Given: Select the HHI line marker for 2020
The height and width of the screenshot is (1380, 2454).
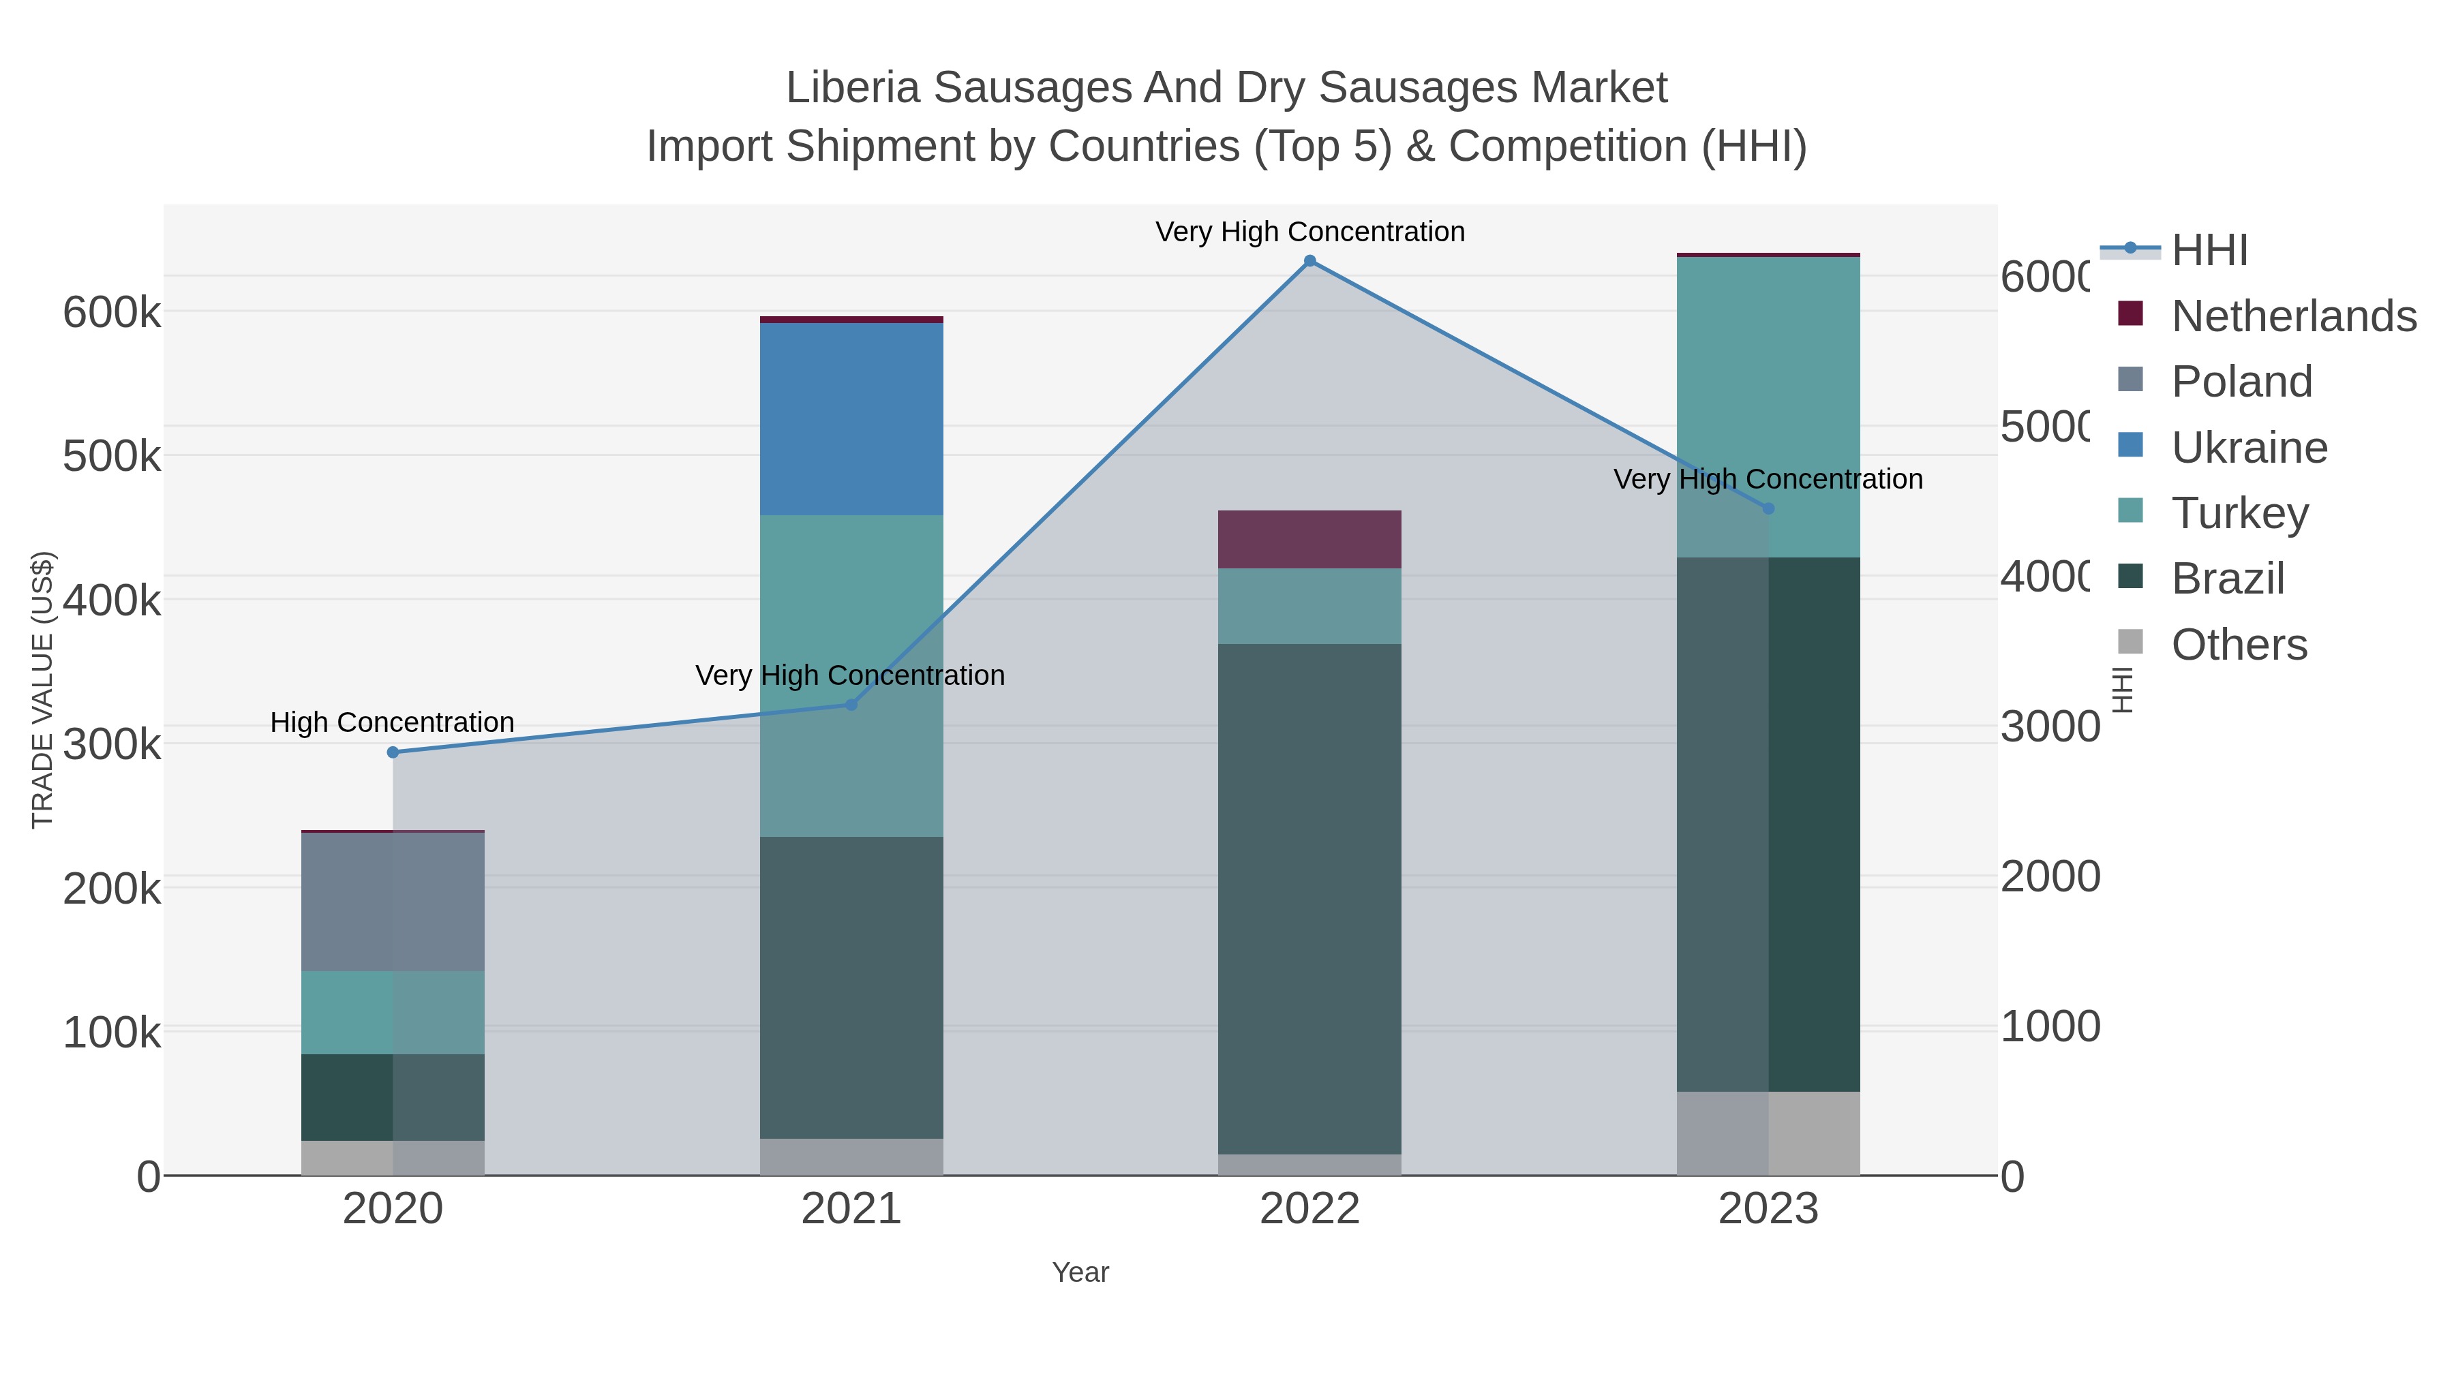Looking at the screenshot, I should (393, 752).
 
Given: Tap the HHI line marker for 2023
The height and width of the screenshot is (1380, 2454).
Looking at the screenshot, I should (1768, 508).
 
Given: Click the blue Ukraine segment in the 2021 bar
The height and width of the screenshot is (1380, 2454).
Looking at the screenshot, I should (851, 419).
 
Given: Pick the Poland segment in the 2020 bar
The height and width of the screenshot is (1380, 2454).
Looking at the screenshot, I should (393, 901).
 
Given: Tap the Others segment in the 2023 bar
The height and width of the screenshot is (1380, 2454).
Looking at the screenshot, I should (1768, 1133).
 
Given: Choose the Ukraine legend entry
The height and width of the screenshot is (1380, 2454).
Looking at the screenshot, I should (2248, 448).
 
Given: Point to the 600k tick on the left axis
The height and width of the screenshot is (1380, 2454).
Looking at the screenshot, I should (112, 312).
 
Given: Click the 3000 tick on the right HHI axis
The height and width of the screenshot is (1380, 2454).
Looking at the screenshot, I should (2049, 726).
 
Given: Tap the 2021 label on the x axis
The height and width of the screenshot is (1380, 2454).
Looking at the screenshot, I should (851, 1210).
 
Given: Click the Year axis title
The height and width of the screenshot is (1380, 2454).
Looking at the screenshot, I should (1080, 1272).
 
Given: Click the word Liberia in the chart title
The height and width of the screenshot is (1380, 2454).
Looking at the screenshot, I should (853, 89).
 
